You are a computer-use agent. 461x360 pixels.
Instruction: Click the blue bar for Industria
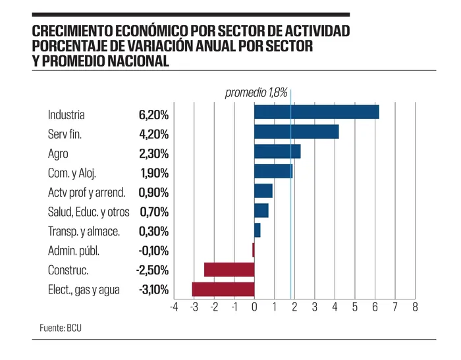(316, 113)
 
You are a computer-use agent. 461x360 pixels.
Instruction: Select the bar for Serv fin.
(296, 132)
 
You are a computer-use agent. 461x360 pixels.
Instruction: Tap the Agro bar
(277, 151)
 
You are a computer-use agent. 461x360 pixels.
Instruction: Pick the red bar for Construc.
(229, 269)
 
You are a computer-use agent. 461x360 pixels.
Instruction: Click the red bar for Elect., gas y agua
(223, 289)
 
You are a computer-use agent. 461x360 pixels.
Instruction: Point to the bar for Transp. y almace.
(258, 230)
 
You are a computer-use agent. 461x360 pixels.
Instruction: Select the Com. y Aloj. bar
(273, 171)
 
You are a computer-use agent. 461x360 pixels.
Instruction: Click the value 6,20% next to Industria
(153, 115)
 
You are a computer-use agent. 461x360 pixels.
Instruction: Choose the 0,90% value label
(153, 193)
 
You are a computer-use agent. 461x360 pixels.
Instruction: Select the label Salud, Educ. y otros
(89, 212)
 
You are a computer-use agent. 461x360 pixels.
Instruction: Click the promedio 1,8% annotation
(256, 93)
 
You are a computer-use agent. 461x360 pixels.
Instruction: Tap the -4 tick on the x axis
(174, 307)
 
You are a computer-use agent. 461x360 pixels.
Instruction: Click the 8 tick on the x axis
(415, 307)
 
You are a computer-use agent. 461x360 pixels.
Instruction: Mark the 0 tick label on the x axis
(254, 307)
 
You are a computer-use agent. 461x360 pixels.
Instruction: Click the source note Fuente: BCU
(60, 327)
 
